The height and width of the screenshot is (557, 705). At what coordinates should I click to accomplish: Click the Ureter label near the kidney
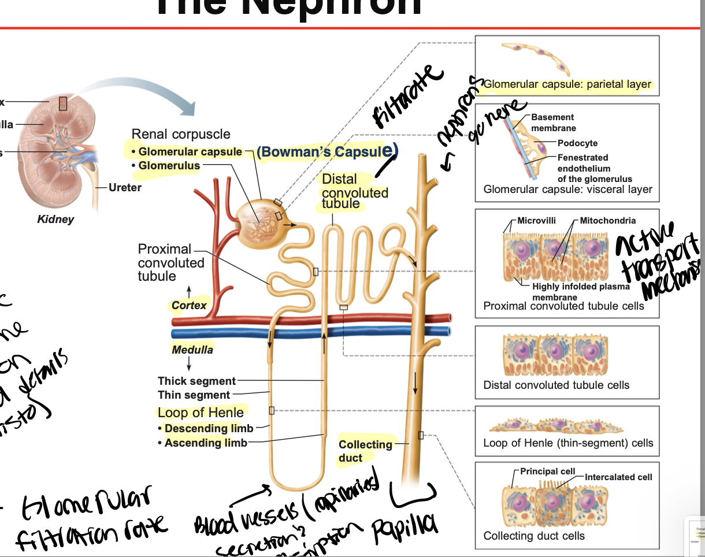[x=125, y=187]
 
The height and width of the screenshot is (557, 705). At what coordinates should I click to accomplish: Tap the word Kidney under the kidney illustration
[x=55, y=220]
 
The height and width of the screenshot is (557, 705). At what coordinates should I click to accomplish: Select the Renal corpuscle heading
[x=181, y=134]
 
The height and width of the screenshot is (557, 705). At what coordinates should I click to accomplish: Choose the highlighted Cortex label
[x=189, y=305]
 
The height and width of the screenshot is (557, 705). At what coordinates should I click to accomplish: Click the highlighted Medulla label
[x=192, y=350]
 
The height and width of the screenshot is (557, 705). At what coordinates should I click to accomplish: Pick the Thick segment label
[x=196, y=381]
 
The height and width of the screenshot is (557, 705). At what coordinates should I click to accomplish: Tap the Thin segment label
[x=194, y=395]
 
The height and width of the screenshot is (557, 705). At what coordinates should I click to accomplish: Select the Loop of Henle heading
[x=201, y=413]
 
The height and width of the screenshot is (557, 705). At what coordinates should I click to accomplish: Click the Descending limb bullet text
[x=209, y=428]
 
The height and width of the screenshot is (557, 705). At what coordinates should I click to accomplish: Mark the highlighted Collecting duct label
[x=365, y=451]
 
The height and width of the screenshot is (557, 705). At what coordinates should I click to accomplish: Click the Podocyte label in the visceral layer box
[x=577, y=143]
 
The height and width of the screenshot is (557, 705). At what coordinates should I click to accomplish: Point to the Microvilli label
[x=536, y=221]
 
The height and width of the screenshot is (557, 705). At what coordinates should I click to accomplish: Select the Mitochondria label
[x=607, y=221]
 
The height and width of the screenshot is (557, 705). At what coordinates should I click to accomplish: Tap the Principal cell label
[x=547, y=471]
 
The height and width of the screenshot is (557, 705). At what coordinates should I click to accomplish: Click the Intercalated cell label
[x=618, y=477]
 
